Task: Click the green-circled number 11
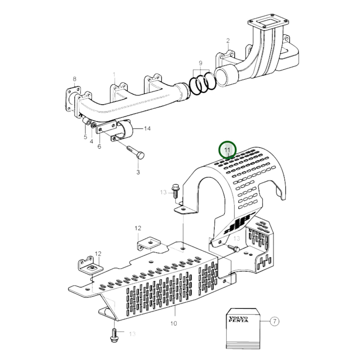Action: click(x=227, y=150)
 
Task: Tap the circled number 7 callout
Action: click(x=274, y=321)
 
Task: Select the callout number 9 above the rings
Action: click(x=200, y=63)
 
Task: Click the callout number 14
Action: click(x=147, y=129)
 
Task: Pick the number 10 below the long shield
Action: click(x=174, y=323)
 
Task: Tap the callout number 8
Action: click(x=75, y=79)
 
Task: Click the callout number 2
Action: click(x=228, y=41)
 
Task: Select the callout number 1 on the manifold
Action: click(x=114, y=75)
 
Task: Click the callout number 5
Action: click(x=85, y=137)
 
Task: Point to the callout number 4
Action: click(x=91, y=141)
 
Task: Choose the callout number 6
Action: click(x=99, y=146)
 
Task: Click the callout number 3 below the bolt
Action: click(x=138, y=172)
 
